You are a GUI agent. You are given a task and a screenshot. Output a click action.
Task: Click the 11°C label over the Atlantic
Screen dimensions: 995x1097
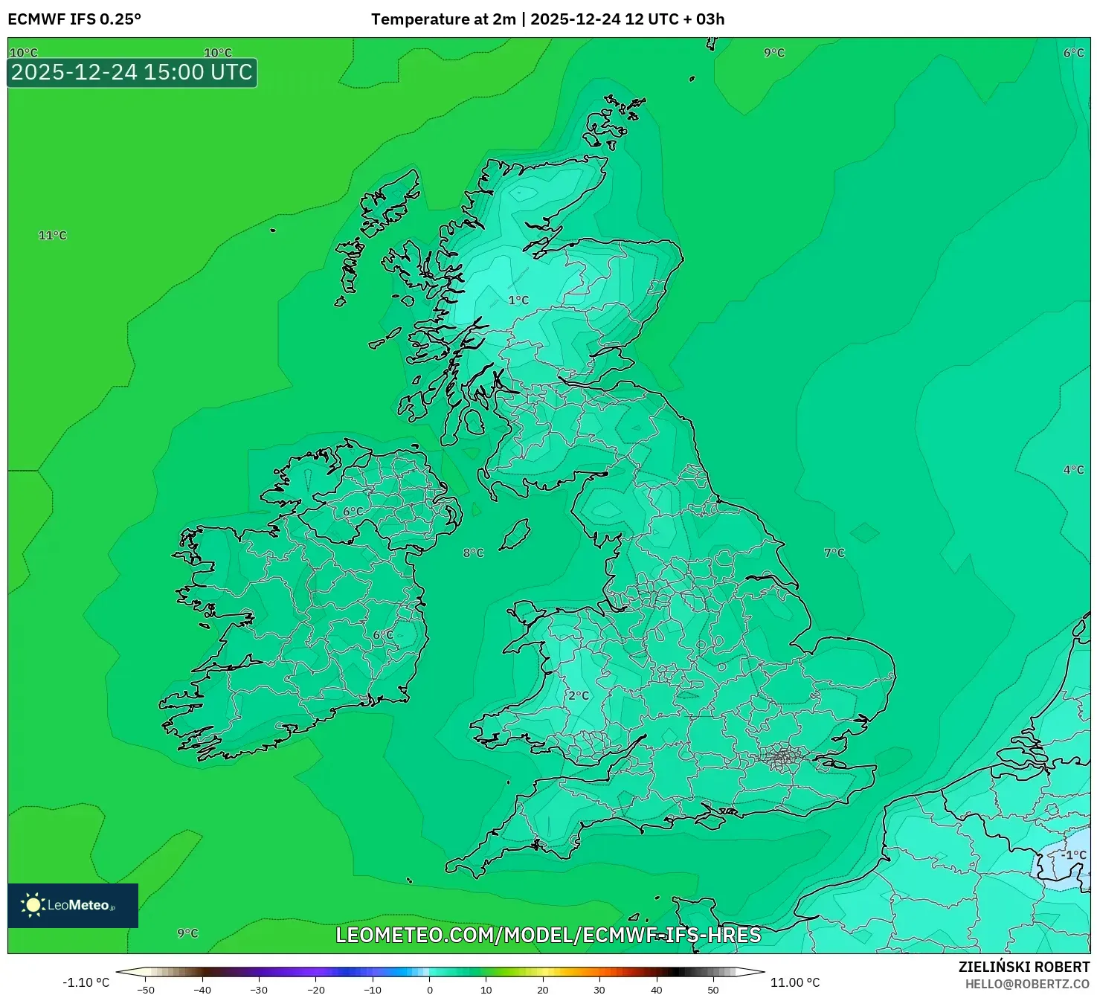(52, 236)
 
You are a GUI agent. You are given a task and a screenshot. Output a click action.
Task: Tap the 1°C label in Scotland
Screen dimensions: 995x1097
(518, 300)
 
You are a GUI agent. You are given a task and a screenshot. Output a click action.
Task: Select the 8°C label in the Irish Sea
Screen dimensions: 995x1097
(473, 553)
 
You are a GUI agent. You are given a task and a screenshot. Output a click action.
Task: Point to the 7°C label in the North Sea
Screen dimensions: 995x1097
(834, 553)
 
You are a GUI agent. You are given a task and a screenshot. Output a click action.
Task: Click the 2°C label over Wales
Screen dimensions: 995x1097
(578, 696)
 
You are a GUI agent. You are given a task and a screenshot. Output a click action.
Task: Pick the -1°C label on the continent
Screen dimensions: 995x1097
(1073, 855)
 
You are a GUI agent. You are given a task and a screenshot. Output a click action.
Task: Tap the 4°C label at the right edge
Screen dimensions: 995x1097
(1073, 470)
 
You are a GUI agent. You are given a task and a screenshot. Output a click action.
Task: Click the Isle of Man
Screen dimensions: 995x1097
(515, 535)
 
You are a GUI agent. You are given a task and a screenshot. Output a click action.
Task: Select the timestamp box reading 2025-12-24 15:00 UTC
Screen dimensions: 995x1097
(132, 73)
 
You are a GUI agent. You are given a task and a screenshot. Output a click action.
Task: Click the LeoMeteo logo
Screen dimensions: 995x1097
(73, 905)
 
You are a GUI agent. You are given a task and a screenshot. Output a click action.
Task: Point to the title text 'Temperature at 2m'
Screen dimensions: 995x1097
(443, 19)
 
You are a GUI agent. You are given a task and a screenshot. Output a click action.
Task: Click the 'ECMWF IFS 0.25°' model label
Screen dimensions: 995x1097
(74, 19)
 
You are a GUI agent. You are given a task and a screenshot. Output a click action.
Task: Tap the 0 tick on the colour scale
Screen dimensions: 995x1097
(430, 989)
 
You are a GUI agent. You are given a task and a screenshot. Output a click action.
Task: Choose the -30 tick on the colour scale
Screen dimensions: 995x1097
(258, 989)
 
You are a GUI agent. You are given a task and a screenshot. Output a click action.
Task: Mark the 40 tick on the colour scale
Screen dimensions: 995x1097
(656, 989)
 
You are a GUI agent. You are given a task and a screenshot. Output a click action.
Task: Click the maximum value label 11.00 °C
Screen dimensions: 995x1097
(794, 982)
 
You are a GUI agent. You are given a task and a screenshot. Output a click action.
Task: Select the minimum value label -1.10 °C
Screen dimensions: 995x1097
(86, 982)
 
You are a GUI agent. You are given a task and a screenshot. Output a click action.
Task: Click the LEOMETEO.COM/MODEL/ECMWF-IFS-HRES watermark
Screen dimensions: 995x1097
(548, 935)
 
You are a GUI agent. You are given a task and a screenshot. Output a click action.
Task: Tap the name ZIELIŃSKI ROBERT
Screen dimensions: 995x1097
(1023, 967)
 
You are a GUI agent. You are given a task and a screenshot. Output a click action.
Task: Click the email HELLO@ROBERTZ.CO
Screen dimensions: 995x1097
(1027, 984)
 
